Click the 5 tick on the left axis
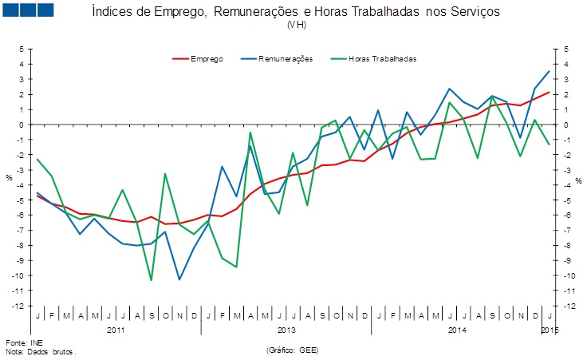tap(22, 49)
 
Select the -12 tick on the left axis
tap(19, 306)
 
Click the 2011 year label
tap(116, 329)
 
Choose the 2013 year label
tap(286, 329)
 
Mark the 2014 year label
tap(457, 329)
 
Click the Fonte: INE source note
tap(22, 342)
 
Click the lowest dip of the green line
tap(151, 280)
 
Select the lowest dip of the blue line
tap(179, 279)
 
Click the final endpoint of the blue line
tap(549, 71)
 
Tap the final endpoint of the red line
tap(549, 92)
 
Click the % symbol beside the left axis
tap(10, 177)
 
